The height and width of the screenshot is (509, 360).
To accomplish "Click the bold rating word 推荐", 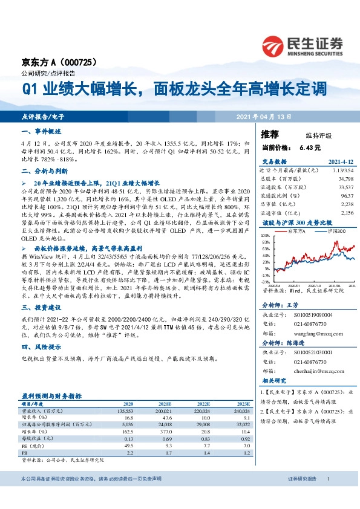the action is click(x=269, y=134).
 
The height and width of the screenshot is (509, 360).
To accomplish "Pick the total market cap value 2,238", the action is click(x=347, y=204).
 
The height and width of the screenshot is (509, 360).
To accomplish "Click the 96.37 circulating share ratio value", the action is click(x=347, y=196).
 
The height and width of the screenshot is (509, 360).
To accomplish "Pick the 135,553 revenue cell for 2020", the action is click(x=124, y=410).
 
